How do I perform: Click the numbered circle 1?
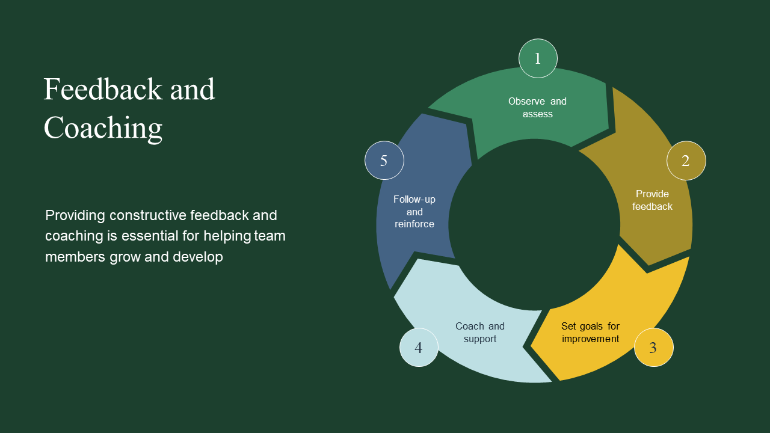click(x=538, y=58)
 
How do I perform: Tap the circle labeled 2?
click(x=686, y=161)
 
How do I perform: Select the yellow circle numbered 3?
click(x=653, y=348)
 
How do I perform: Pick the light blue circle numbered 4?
click(x=419, y=348)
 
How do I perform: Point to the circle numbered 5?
click(x=384, y=161)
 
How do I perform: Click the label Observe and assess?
click(x=537, y=108)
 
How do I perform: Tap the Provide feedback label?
click(x=652, y=200)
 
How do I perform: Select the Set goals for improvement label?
click(x=590, y=333)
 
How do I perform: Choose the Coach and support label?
click(x=479, y=333)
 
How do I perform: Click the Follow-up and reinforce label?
click(x=414, y=212)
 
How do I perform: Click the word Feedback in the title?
click(x=103, y=90)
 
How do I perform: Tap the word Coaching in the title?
click(x=103, y=128)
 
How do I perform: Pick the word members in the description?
click(x=75, y=257)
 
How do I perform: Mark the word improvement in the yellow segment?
click(x=590, y=339)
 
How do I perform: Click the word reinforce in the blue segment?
click(x=414, y=224)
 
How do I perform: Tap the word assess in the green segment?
click(x=537, y=114)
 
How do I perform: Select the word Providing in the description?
click(x=75, y=215)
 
